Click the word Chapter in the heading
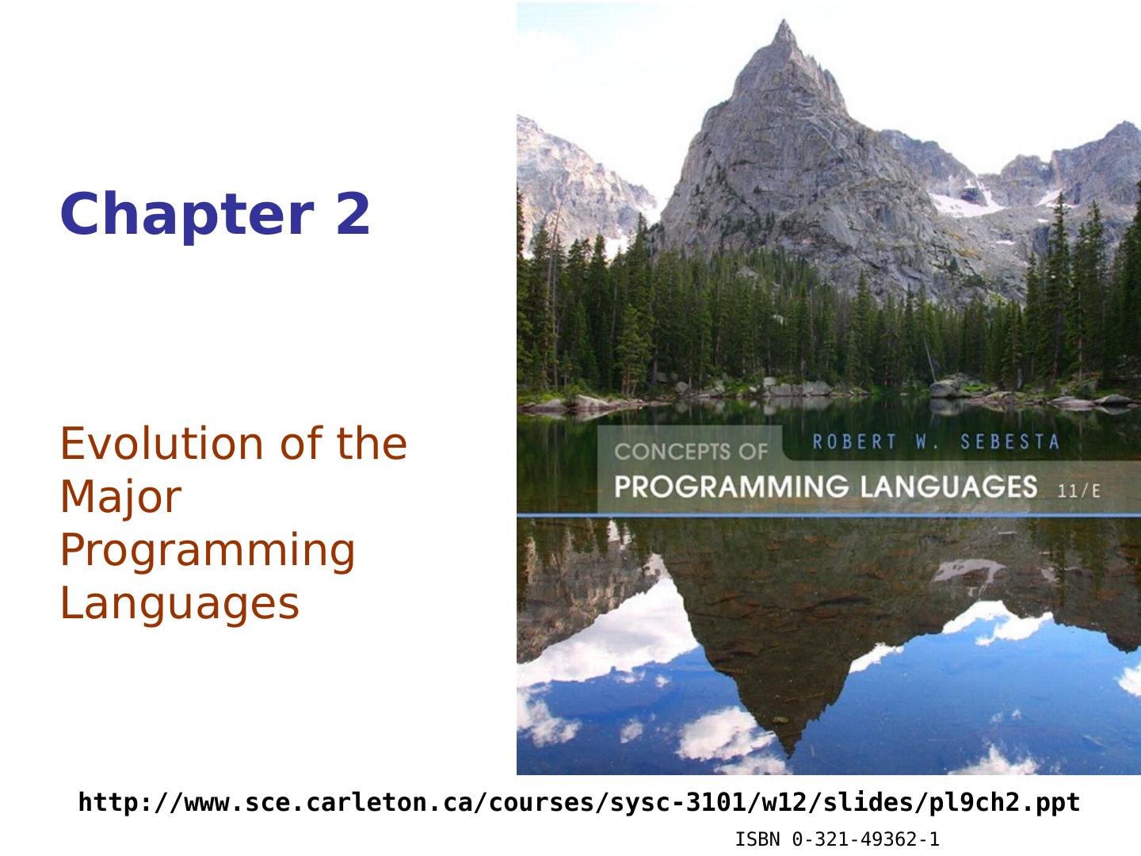[x=188, y=214]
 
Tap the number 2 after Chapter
[x=353, y=213]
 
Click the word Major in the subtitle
[x=121, y=497]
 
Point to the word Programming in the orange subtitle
[x=208, y=552]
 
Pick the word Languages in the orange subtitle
[x=180, y=605]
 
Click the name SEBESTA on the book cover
[x=1009, y=441]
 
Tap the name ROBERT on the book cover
[x=855, y=441]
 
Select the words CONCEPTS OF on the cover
[x=691, y=451]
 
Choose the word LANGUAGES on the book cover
[x=948, y=487]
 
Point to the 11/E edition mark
[x=1078, y=491]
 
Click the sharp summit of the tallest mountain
[x=784, y=21]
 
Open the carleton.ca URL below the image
[x=579, y=802]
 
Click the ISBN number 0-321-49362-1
[x=865, y=839]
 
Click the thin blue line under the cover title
[x=829, y=515]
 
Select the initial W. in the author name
[x=928, y=441]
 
